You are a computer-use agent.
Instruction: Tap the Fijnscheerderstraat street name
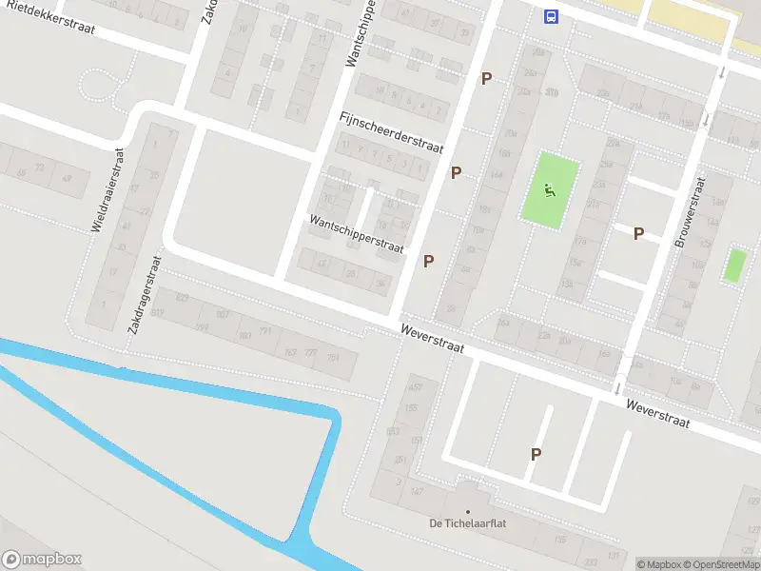point(391,132)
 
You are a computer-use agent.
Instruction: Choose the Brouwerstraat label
point(691,212)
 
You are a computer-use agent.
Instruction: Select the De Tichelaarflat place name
point(466,524)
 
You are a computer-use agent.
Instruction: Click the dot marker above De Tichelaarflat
point(466,511)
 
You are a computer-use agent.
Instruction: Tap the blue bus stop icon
point(551,15)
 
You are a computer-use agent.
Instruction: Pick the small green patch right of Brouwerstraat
point(733,265)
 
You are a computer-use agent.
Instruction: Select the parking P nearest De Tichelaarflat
point(536,455)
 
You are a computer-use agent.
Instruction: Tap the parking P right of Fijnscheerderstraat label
point(457,172)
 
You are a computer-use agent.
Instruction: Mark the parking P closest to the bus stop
point(487,79)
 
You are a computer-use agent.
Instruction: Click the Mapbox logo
point(41,560)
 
